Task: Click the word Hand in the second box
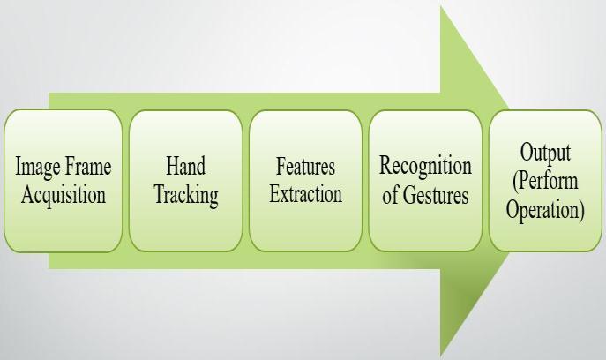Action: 185,165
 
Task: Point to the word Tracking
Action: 185,195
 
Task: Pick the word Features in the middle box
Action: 305,165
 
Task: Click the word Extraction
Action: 305,194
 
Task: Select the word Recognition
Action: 425,165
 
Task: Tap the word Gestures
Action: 437,194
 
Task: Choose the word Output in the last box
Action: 545,152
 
